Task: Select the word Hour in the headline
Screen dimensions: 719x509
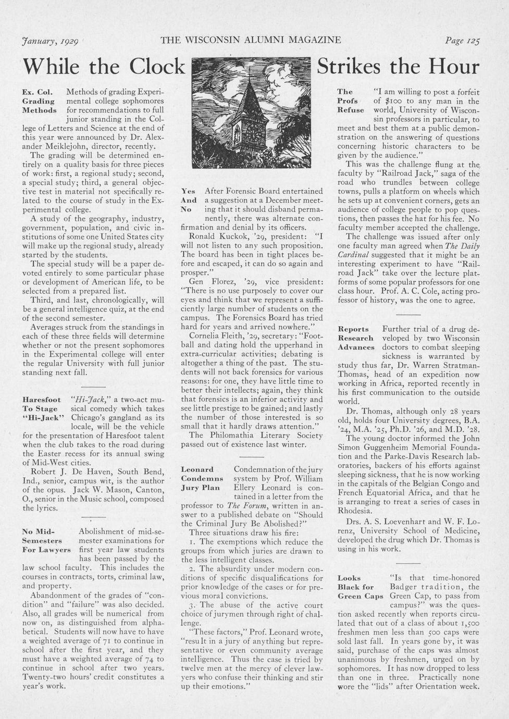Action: point(454,67)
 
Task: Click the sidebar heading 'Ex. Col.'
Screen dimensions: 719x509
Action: point(36,92)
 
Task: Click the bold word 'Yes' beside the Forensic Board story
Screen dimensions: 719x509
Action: point(188,191)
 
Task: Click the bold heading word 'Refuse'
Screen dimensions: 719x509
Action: point(351,110)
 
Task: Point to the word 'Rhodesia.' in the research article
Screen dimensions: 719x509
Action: point(355,511)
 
